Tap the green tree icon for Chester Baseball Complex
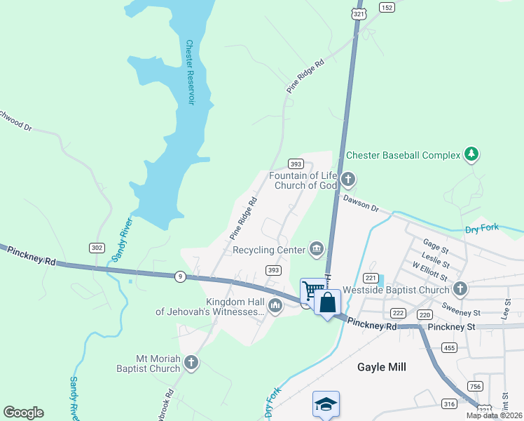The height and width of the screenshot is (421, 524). pos(471,154)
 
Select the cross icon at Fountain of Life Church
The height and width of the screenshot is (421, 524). pos(348,180)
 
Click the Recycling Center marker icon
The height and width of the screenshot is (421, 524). pos(317,249)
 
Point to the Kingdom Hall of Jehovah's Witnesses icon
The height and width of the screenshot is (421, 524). pos(275,305)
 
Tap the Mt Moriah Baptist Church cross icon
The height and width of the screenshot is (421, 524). pos(191,363)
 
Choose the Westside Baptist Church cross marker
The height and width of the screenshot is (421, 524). pos(460,289)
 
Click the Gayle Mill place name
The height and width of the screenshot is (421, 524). pos(382,367)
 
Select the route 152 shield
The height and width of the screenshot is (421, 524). pos(387,7)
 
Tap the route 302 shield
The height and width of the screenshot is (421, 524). pos(97,247)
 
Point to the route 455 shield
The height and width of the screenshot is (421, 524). pos(449,347)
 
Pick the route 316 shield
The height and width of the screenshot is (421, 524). pos(449,403)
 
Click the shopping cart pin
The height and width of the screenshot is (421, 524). pos(311,290)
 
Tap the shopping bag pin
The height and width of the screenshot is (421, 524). pos(327,302)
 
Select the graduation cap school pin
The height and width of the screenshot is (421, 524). pos(326,403)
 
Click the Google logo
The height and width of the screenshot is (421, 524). pos(23,413)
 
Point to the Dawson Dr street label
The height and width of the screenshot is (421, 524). pos(361,203)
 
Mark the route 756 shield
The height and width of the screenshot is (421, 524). pos(475,386)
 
